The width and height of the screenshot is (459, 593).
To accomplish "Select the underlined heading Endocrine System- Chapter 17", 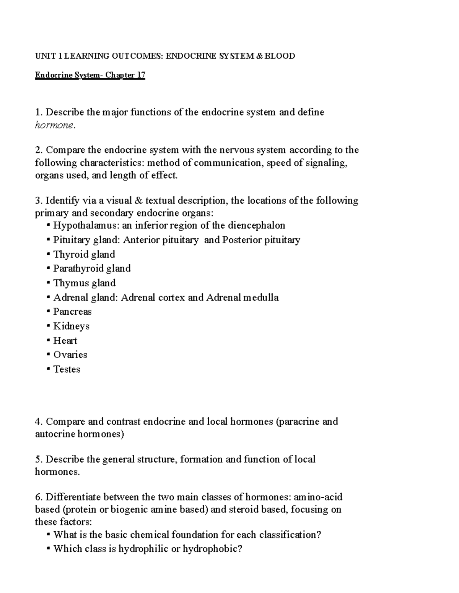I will click(x=90, y=75).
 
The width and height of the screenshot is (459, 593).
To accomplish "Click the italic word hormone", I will click(x=53, y=125).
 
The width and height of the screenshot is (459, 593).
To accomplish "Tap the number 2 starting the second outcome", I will click(x=37, y=150).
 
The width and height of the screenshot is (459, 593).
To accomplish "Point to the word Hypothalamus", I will click(x=86, y=226).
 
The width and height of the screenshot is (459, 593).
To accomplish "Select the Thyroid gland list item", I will click(x=84, y=255).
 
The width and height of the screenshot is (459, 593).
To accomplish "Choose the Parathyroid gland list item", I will click(x=92, y=269).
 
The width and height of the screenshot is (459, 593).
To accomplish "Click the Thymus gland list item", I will click(x=84, y=283).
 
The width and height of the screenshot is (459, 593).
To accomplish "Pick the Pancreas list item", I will click(x=72, y=312).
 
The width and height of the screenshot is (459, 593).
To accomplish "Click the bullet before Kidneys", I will click(x=48, y=326).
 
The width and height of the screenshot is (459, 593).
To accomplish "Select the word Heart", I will click(x=65, y=341).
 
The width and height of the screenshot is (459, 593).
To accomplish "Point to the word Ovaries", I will click(x=70, y=355).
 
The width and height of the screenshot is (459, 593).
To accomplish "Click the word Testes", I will click(x=67, y=370).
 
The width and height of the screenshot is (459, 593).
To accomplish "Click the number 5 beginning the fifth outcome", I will click(x=37, y=459).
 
